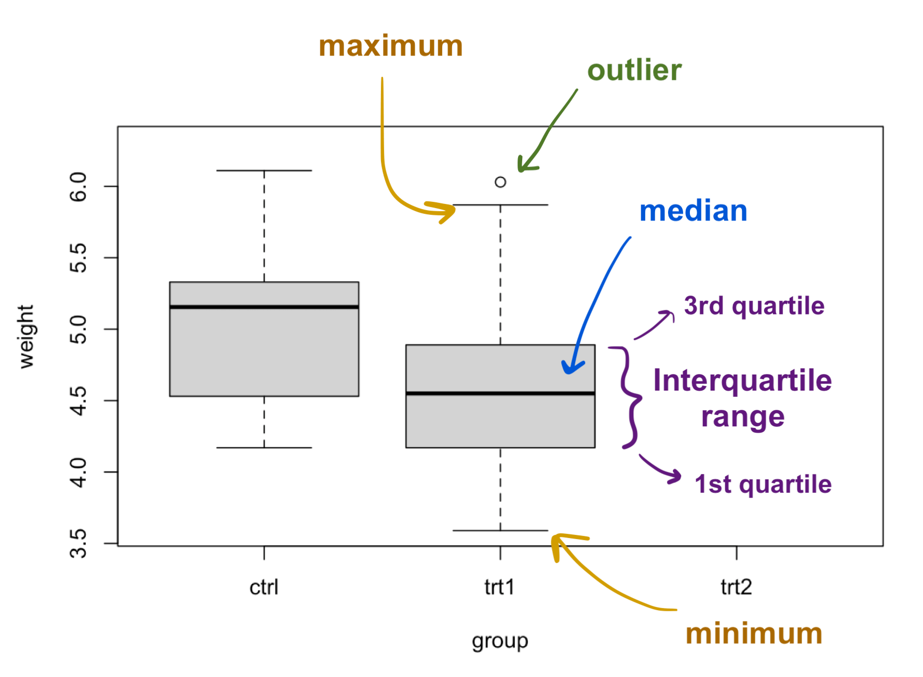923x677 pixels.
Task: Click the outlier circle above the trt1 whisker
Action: point(500,182)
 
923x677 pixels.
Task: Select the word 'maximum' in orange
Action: point(390,46)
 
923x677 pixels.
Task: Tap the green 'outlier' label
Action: point(634,71)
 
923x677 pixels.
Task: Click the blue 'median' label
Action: point(693,211)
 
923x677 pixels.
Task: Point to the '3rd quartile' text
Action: point(754,306)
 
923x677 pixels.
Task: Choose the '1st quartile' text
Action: point(763,484)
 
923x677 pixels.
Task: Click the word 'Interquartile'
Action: point(742,380)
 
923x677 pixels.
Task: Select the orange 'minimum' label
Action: point(754,634)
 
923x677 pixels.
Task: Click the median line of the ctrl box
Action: point(264,307)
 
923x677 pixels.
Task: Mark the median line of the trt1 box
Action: point(500,393)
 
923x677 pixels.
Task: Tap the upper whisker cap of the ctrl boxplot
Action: point(264,170)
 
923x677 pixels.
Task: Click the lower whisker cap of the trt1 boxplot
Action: point(500,530)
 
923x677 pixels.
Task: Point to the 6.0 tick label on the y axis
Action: point(78,187)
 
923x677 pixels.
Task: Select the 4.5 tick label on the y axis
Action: point(78,400)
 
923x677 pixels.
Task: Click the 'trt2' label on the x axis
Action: point(736,587)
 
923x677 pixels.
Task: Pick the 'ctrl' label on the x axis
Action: point(264,587)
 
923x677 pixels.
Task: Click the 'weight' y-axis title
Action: point(25,337)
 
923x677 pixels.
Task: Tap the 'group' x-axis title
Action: point(500,641)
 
